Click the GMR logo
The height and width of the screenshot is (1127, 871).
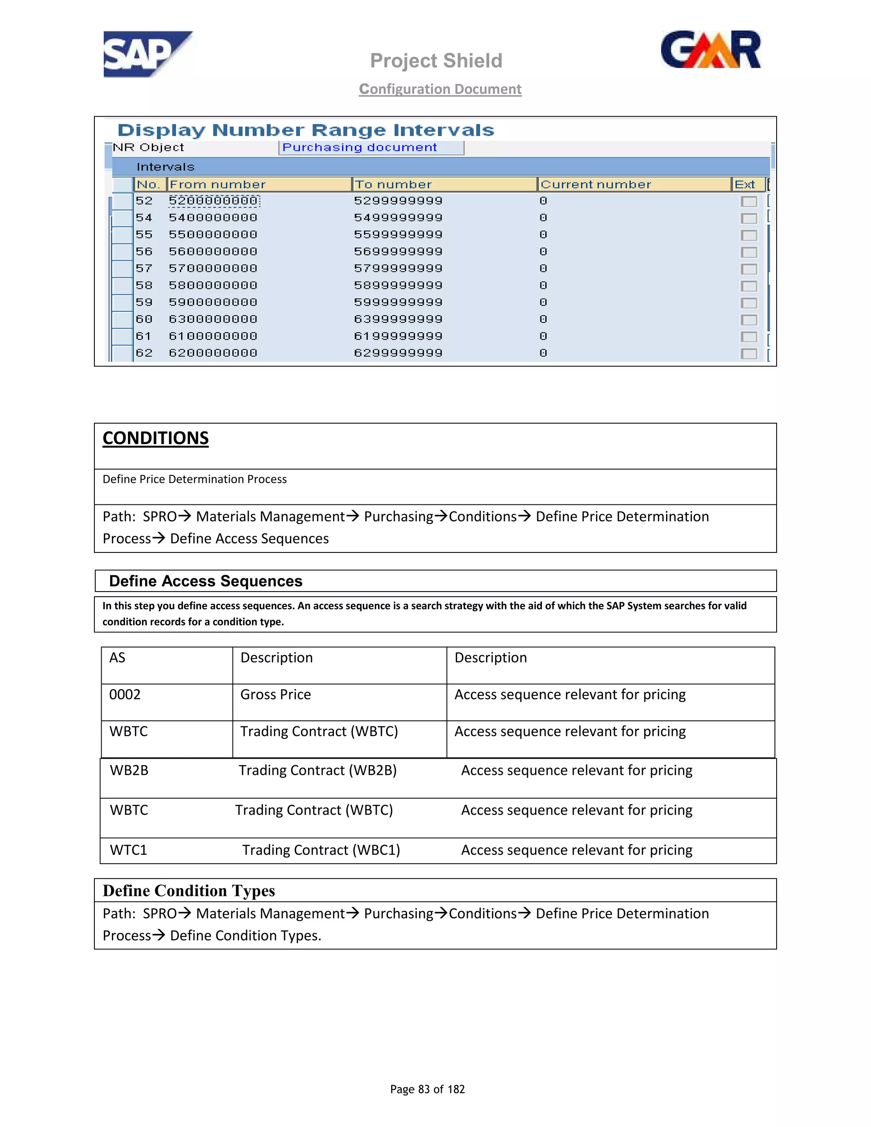[x=711, y=50]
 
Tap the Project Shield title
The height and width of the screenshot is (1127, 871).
[x=436, y=61]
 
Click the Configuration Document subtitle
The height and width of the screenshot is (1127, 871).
[x=440, y=89]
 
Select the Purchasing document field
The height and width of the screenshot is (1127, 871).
[x=371, y=148]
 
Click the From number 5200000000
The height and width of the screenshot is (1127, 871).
[x=213, y=201]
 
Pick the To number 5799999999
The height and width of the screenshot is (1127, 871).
[x=398, y=268]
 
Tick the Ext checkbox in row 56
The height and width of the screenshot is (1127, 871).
[x=748, y=252]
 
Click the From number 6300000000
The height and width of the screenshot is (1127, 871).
[x=213, y=319]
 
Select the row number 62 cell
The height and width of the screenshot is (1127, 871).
[x=144, y=353]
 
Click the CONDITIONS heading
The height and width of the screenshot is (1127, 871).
[x=155, y=438]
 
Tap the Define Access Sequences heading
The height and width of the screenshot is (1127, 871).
[x=205, y=581]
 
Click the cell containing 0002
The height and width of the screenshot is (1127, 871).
[x=125, y=694]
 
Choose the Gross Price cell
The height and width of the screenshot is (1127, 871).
[x=276, y=694]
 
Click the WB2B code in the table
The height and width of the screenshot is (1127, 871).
[x=129, y=771]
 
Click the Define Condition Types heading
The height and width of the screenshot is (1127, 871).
[x=189, y=891]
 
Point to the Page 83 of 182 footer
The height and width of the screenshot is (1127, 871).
[x=427, y=1089]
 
